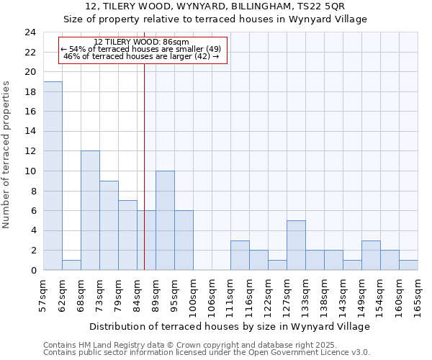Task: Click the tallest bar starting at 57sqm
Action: (53, 176)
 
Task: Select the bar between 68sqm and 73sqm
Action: (90, 210)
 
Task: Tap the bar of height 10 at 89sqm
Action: (165, 220)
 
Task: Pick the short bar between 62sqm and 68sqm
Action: (71, 265)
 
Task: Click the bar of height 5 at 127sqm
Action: (296, 245)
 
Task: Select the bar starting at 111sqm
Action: (240, 255)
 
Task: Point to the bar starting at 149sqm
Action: (371, 255)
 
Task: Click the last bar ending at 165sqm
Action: (408, 265)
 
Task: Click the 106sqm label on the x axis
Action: (212, 295)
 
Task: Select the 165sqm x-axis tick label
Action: (418, 295)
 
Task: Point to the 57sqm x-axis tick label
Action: (44, 295)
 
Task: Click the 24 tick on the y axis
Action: (30, 32)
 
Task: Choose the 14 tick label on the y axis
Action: (30, 132)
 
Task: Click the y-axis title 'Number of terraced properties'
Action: (6, 155)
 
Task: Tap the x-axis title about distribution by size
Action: (230, 326)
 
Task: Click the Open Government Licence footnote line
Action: (207, 353)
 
